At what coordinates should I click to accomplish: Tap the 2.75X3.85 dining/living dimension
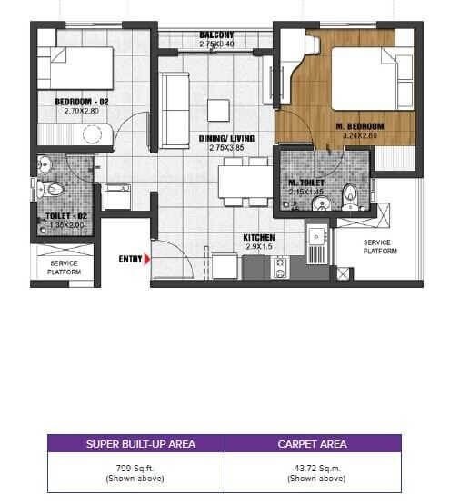(x=231, y=147)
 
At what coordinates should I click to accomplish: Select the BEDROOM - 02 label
(x=81, y=102)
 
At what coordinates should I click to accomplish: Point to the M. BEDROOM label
(x=360, y=125)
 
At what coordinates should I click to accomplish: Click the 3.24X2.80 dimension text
(x=360, y=135)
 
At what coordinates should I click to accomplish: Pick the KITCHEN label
(x=259, y=237)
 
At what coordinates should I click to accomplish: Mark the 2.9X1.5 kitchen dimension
(x=259, y=246)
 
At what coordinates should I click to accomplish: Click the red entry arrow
(x=146, y=259)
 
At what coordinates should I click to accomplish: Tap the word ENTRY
(x=130, y=259)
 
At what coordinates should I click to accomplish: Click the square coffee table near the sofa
(x=218, y=108)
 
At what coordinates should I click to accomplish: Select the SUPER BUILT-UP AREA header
(x=135, y=444)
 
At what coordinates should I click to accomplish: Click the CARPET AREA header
(x=314, y=444)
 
